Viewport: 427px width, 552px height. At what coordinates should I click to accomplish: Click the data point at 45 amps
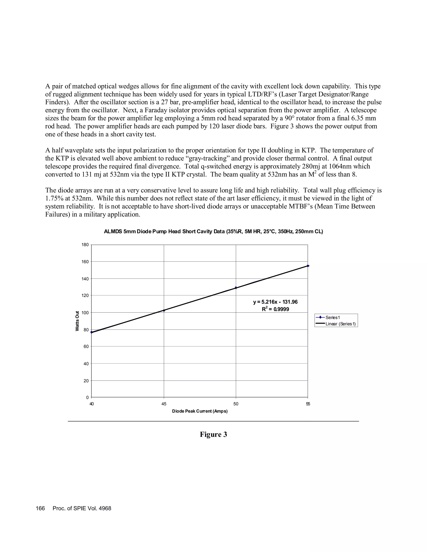click(x=164, y=310)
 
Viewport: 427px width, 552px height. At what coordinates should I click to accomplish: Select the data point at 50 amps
click(x=236, y=288)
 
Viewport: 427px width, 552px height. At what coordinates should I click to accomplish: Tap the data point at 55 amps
click(x=308, y=266)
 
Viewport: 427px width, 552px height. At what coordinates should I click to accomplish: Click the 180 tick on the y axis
click(x=85, y=245)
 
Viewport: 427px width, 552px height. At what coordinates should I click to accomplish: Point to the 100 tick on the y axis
click(x=85, y=313)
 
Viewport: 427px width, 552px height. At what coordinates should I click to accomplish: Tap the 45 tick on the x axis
click(x=164, y=404)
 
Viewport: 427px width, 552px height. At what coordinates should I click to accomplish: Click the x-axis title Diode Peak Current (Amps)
click(x=200, y=411)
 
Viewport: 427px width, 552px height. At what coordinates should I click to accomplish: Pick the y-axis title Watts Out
click(x=77, y=321)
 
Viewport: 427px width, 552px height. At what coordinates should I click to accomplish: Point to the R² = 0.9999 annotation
click(x=275, y=309)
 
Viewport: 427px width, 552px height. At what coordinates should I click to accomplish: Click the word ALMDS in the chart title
click(x=113, y=231)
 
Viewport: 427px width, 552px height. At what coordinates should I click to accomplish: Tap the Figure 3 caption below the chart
click(x=213, y=434)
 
